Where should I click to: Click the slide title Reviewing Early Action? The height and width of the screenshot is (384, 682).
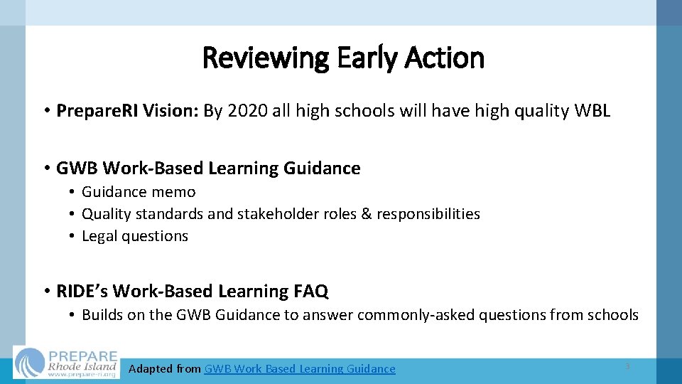coord(343,58)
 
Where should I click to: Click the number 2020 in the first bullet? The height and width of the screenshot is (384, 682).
coord(247,111)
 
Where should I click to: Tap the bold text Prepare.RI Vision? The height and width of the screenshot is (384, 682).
coord(128,111)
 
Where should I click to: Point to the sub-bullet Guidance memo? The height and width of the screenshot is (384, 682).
coord(139,192)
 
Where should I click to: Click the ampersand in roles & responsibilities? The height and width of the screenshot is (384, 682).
coord(366,214)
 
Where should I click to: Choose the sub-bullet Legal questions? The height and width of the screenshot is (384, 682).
coord(135,236)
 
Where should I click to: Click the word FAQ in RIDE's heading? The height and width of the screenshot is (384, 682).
coord(310,291)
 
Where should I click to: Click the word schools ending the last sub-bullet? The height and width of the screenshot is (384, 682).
coord(615,315)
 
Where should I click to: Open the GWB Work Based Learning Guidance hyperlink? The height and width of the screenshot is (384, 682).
coord(300,368)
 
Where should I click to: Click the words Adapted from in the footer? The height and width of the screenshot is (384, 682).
coord(165,368)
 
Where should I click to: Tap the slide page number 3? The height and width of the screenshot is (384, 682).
coord(627,366)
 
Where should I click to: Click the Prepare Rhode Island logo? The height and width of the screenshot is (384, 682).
coord(67,363)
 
